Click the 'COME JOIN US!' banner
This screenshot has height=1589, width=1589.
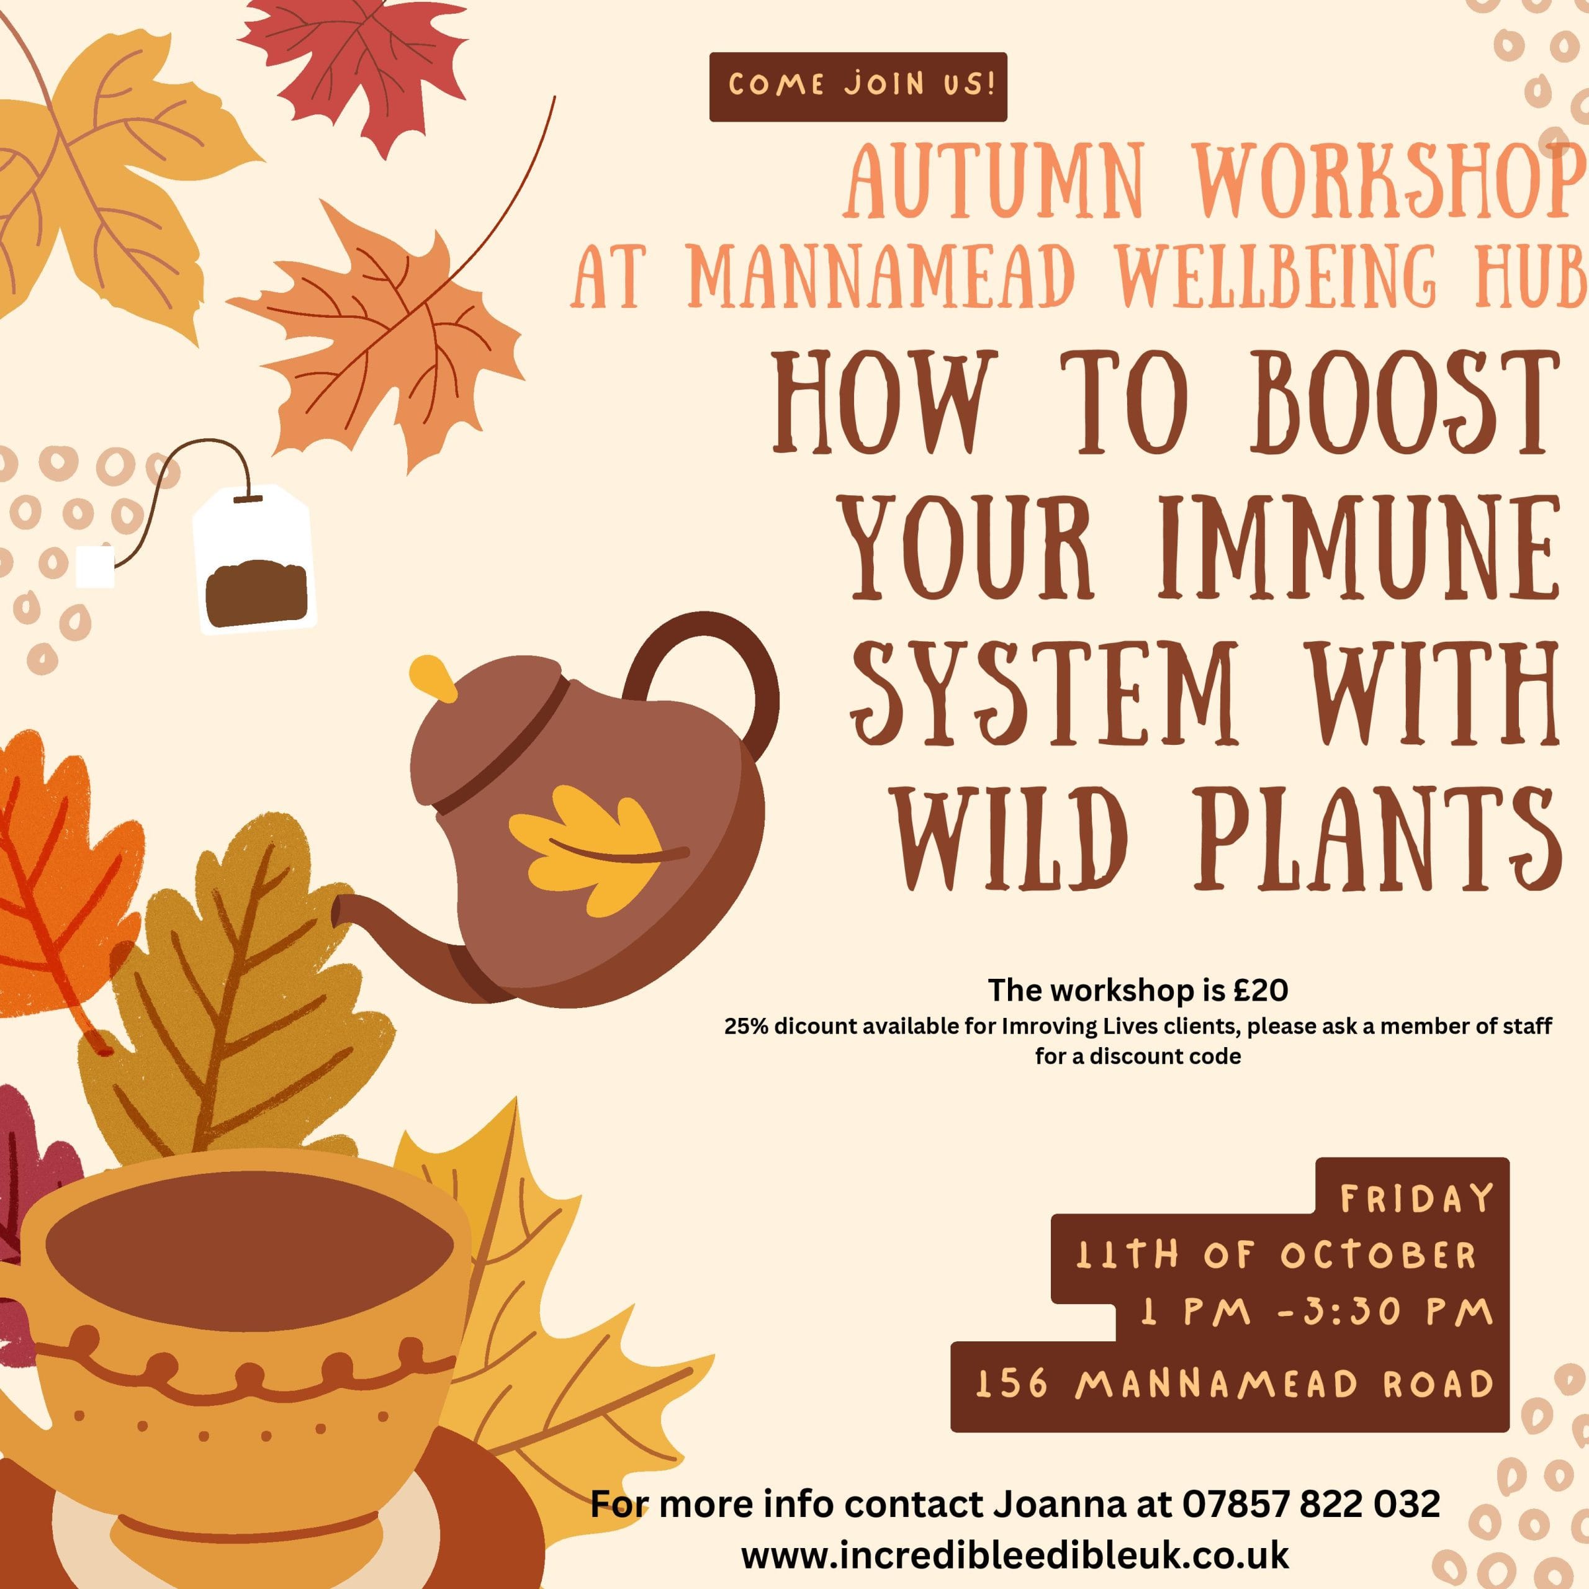coord(858,86)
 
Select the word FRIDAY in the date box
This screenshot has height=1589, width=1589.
coord(1417,1199)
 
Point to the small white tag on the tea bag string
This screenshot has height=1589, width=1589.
coord(94,567)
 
